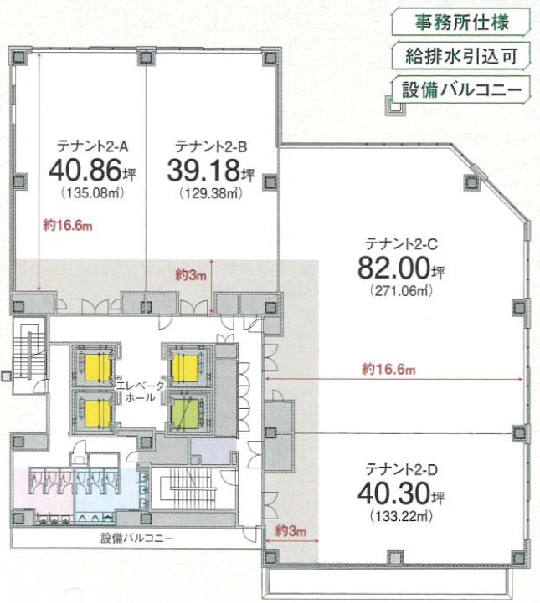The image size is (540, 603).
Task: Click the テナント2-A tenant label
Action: [x=92, y=146]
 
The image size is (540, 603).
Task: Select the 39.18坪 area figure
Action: [x=210, y=171]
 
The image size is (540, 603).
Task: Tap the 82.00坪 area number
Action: [x=401, y=268]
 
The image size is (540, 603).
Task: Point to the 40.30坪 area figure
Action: [x=401, y=493]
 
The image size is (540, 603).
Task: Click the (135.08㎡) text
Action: [x=92, y=192]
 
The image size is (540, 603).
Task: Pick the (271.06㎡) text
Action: [x=401, y=290]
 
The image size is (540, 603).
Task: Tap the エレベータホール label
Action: [x=140, y=391]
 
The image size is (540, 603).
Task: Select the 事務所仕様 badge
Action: [x=461, y=23]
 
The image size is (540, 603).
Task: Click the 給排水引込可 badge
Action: [x=461, y=56]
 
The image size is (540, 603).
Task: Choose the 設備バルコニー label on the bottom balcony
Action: [x=137, y=538]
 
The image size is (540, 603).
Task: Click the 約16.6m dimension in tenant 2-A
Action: [x=68, y=226]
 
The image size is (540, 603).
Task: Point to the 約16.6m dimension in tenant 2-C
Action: [x=388, y=370]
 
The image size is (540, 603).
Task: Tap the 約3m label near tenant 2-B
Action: [x=191, y=275]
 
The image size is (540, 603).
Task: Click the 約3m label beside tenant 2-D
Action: [x=291, y=531]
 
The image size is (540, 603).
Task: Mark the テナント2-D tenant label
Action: [x=401, y=469]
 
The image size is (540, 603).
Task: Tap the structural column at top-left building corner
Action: [x=19, y=58]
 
